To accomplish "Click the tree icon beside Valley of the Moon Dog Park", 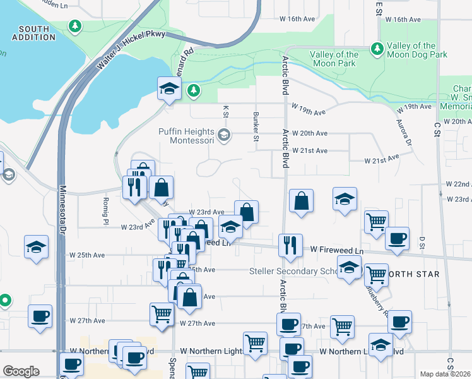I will pos(377,47).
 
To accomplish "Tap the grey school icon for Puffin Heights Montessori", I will pos(224,135).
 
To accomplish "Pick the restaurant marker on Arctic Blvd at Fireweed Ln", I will pos(290,245).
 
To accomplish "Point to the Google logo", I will pos(21,371).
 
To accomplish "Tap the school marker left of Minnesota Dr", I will pos(36,247).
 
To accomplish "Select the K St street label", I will pos(225,112).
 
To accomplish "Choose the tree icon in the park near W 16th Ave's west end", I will pos(75,26).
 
